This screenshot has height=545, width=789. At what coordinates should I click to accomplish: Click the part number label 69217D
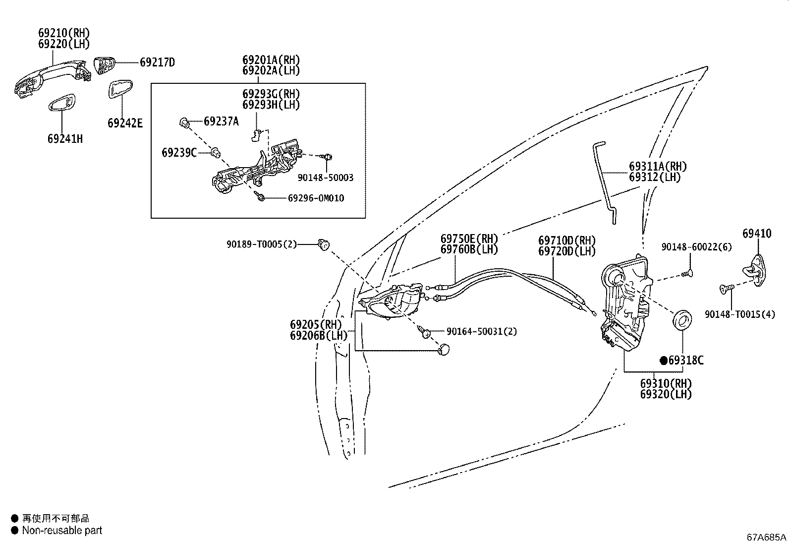pyautogui.click(x=157, y=62)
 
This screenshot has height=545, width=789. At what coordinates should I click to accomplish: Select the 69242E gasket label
pyautogui.click(x=125, y=123)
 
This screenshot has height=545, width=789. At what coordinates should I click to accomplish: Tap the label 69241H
pyautogui.click(x=65, y=139)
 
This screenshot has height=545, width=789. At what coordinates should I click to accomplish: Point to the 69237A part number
pyautogui.click(x=221, y=121)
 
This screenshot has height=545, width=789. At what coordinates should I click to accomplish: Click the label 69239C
pyautogui.click(x=179, y=153)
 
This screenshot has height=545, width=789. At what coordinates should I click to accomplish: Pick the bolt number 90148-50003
pyautogui.click(x=326, y=178)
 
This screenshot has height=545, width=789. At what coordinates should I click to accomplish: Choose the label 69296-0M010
pyautogui.click(x=316, y=198)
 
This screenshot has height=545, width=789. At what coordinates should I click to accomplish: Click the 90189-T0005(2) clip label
pyautogui.click(x=262, y=244)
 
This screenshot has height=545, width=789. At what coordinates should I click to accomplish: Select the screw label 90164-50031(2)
pyautogui.click(x=481, y=331)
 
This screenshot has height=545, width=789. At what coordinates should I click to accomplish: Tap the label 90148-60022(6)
pyautogui.click(x=696, y=247)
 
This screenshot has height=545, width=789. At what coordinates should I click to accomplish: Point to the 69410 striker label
pyautogui.click(x=757, y=233)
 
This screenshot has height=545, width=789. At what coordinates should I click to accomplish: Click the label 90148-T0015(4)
pyautogui.click(x=739, y=314)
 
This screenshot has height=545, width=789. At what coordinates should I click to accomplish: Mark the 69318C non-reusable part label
pyautogui.click(x=685, y=361)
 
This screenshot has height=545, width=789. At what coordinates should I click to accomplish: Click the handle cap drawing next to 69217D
pyautogui.click(x=105, y=65)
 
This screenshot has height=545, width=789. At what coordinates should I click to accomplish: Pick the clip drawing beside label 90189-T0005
pyautogui.click(x=324, y=244)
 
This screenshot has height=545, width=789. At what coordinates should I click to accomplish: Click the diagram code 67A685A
pyautogui.click(x=767, y=537)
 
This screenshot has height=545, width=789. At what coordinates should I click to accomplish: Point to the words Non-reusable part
pyautogui.click(x=62, y=531)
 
